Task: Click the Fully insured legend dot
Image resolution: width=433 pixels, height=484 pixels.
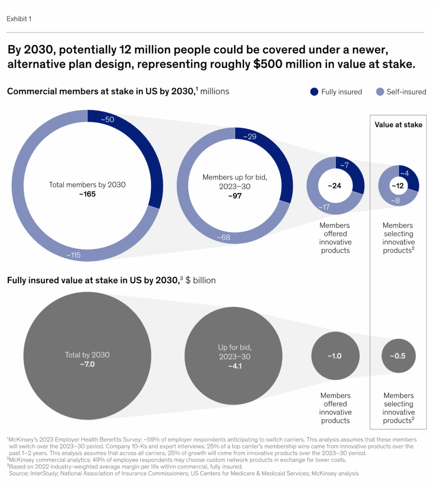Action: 314,92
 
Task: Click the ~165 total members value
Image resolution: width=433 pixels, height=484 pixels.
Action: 87,194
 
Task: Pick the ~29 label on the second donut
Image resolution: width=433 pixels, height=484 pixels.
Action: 251,137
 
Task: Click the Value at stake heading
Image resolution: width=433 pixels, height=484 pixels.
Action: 399,125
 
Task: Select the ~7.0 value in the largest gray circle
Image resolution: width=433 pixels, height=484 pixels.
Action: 87,363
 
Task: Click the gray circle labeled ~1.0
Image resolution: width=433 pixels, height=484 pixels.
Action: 335,356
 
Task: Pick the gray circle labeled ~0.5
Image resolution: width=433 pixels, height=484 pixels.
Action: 399,356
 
